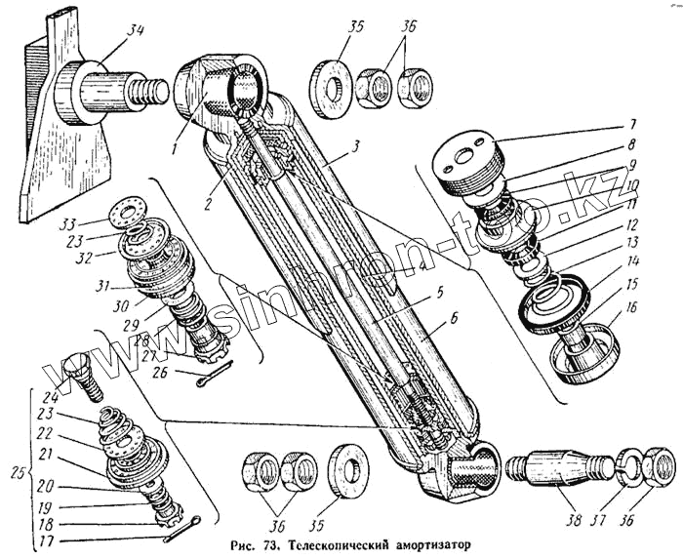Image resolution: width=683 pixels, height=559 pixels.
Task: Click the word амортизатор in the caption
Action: point(429,547)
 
